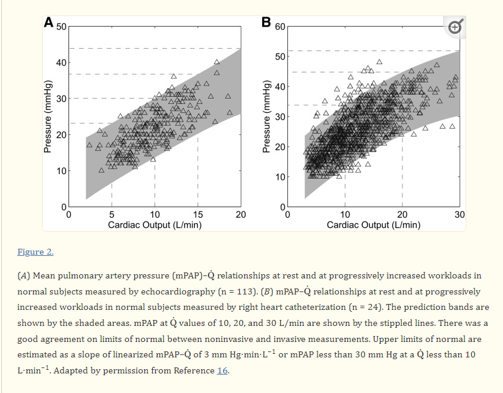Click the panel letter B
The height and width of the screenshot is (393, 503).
[266, 23]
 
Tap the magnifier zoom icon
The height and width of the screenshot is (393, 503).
[455, 27]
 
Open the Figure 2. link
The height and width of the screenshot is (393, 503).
[36, 252]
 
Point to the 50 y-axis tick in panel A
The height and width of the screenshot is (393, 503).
[61, 27]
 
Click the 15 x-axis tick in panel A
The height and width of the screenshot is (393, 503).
[198, 215]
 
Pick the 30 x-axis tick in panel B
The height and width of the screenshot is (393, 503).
[459, 215]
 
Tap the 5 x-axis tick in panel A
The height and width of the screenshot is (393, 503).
[112, 215]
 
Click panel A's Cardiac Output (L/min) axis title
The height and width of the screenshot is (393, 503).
[155, 225]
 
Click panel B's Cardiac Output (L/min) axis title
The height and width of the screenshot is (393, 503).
[373, 225]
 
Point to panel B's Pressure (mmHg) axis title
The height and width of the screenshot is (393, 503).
[267, 116]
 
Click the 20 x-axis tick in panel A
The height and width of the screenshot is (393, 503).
[241, 215]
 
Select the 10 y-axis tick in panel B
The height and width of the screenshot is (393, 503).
[279, 177]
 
